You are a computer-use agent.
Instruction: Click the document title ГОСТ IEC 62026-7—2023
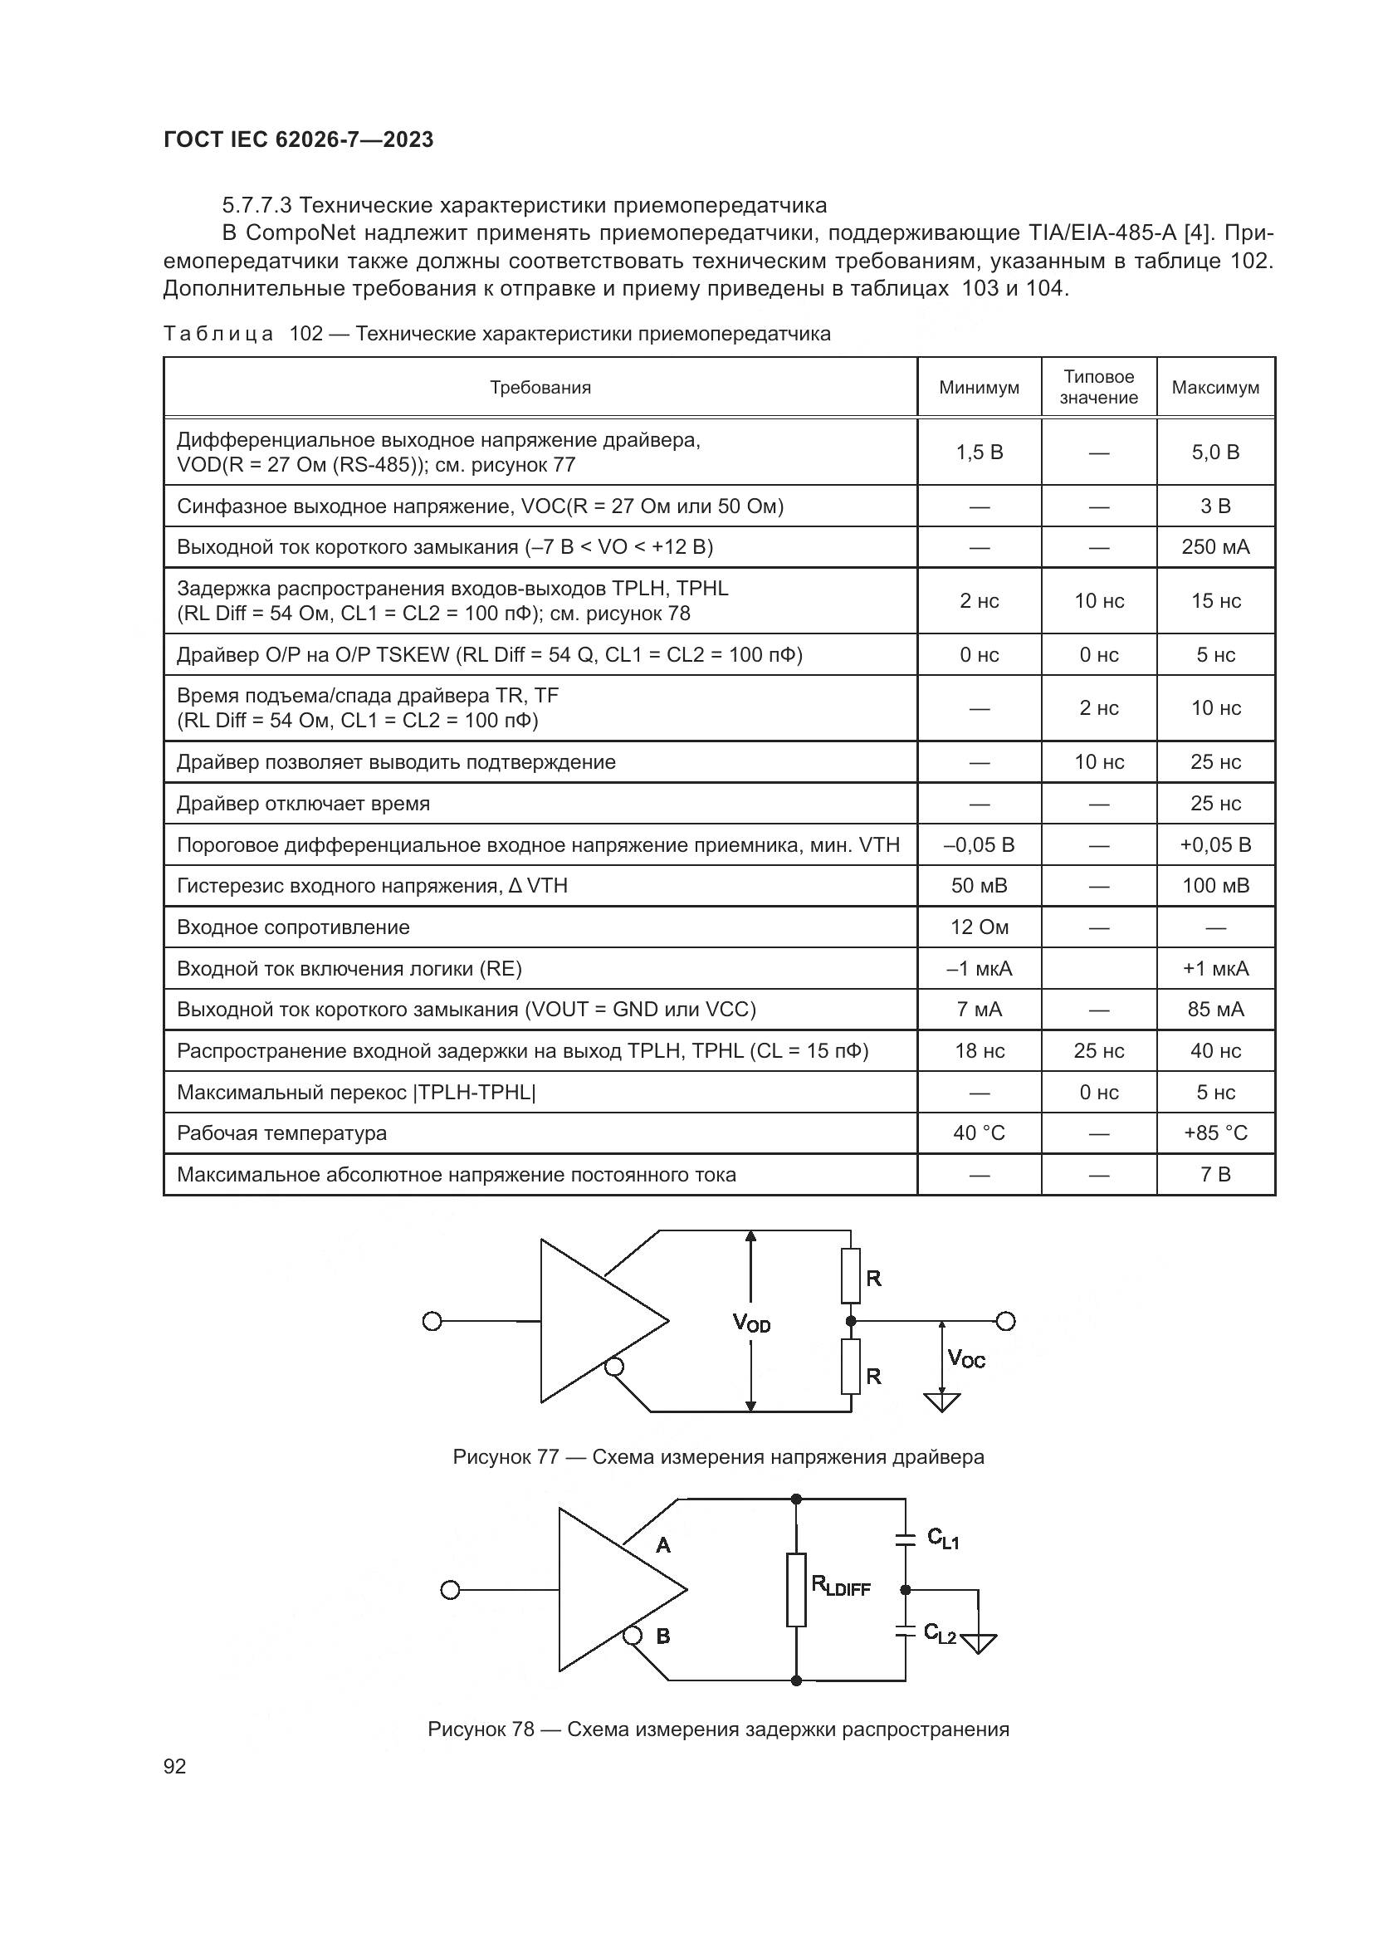point(299,139)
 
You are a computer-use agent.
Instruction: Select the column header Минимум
point(979,388)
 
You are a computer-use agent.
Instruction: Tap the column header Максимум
point(1215,388)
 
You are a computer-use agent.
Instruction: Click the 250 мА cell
point(1215,547)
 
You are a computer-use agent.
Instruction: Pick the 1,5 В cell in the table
point(979,452)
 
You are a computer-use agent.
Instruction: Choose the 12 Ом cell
point(979,927)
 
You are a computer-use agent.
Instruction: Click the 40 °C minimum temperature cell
point(979,1132)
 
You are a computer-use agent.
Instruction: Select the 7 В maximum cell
point(1215,1174)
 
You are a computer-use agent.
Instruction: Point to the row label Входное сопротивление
point(293,927)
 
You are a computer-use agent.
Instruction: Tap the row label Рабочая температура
point(281,1132)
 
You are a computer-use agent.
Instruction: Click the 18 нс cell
point(979,1050)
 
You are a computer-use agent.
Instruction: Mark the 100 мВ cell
point(1215,886)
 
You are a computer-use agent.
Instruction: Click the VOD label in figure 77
point(750,1323)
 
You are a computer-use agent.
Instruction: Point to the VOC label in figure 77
point(966,1359)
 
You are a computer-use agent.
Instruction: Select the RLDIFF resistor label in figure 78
point(840,1586)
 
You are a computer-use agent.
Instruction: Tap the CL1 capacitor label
point(943,1538)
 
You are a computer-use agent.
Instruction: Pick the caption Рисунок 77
point(506,1457)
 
